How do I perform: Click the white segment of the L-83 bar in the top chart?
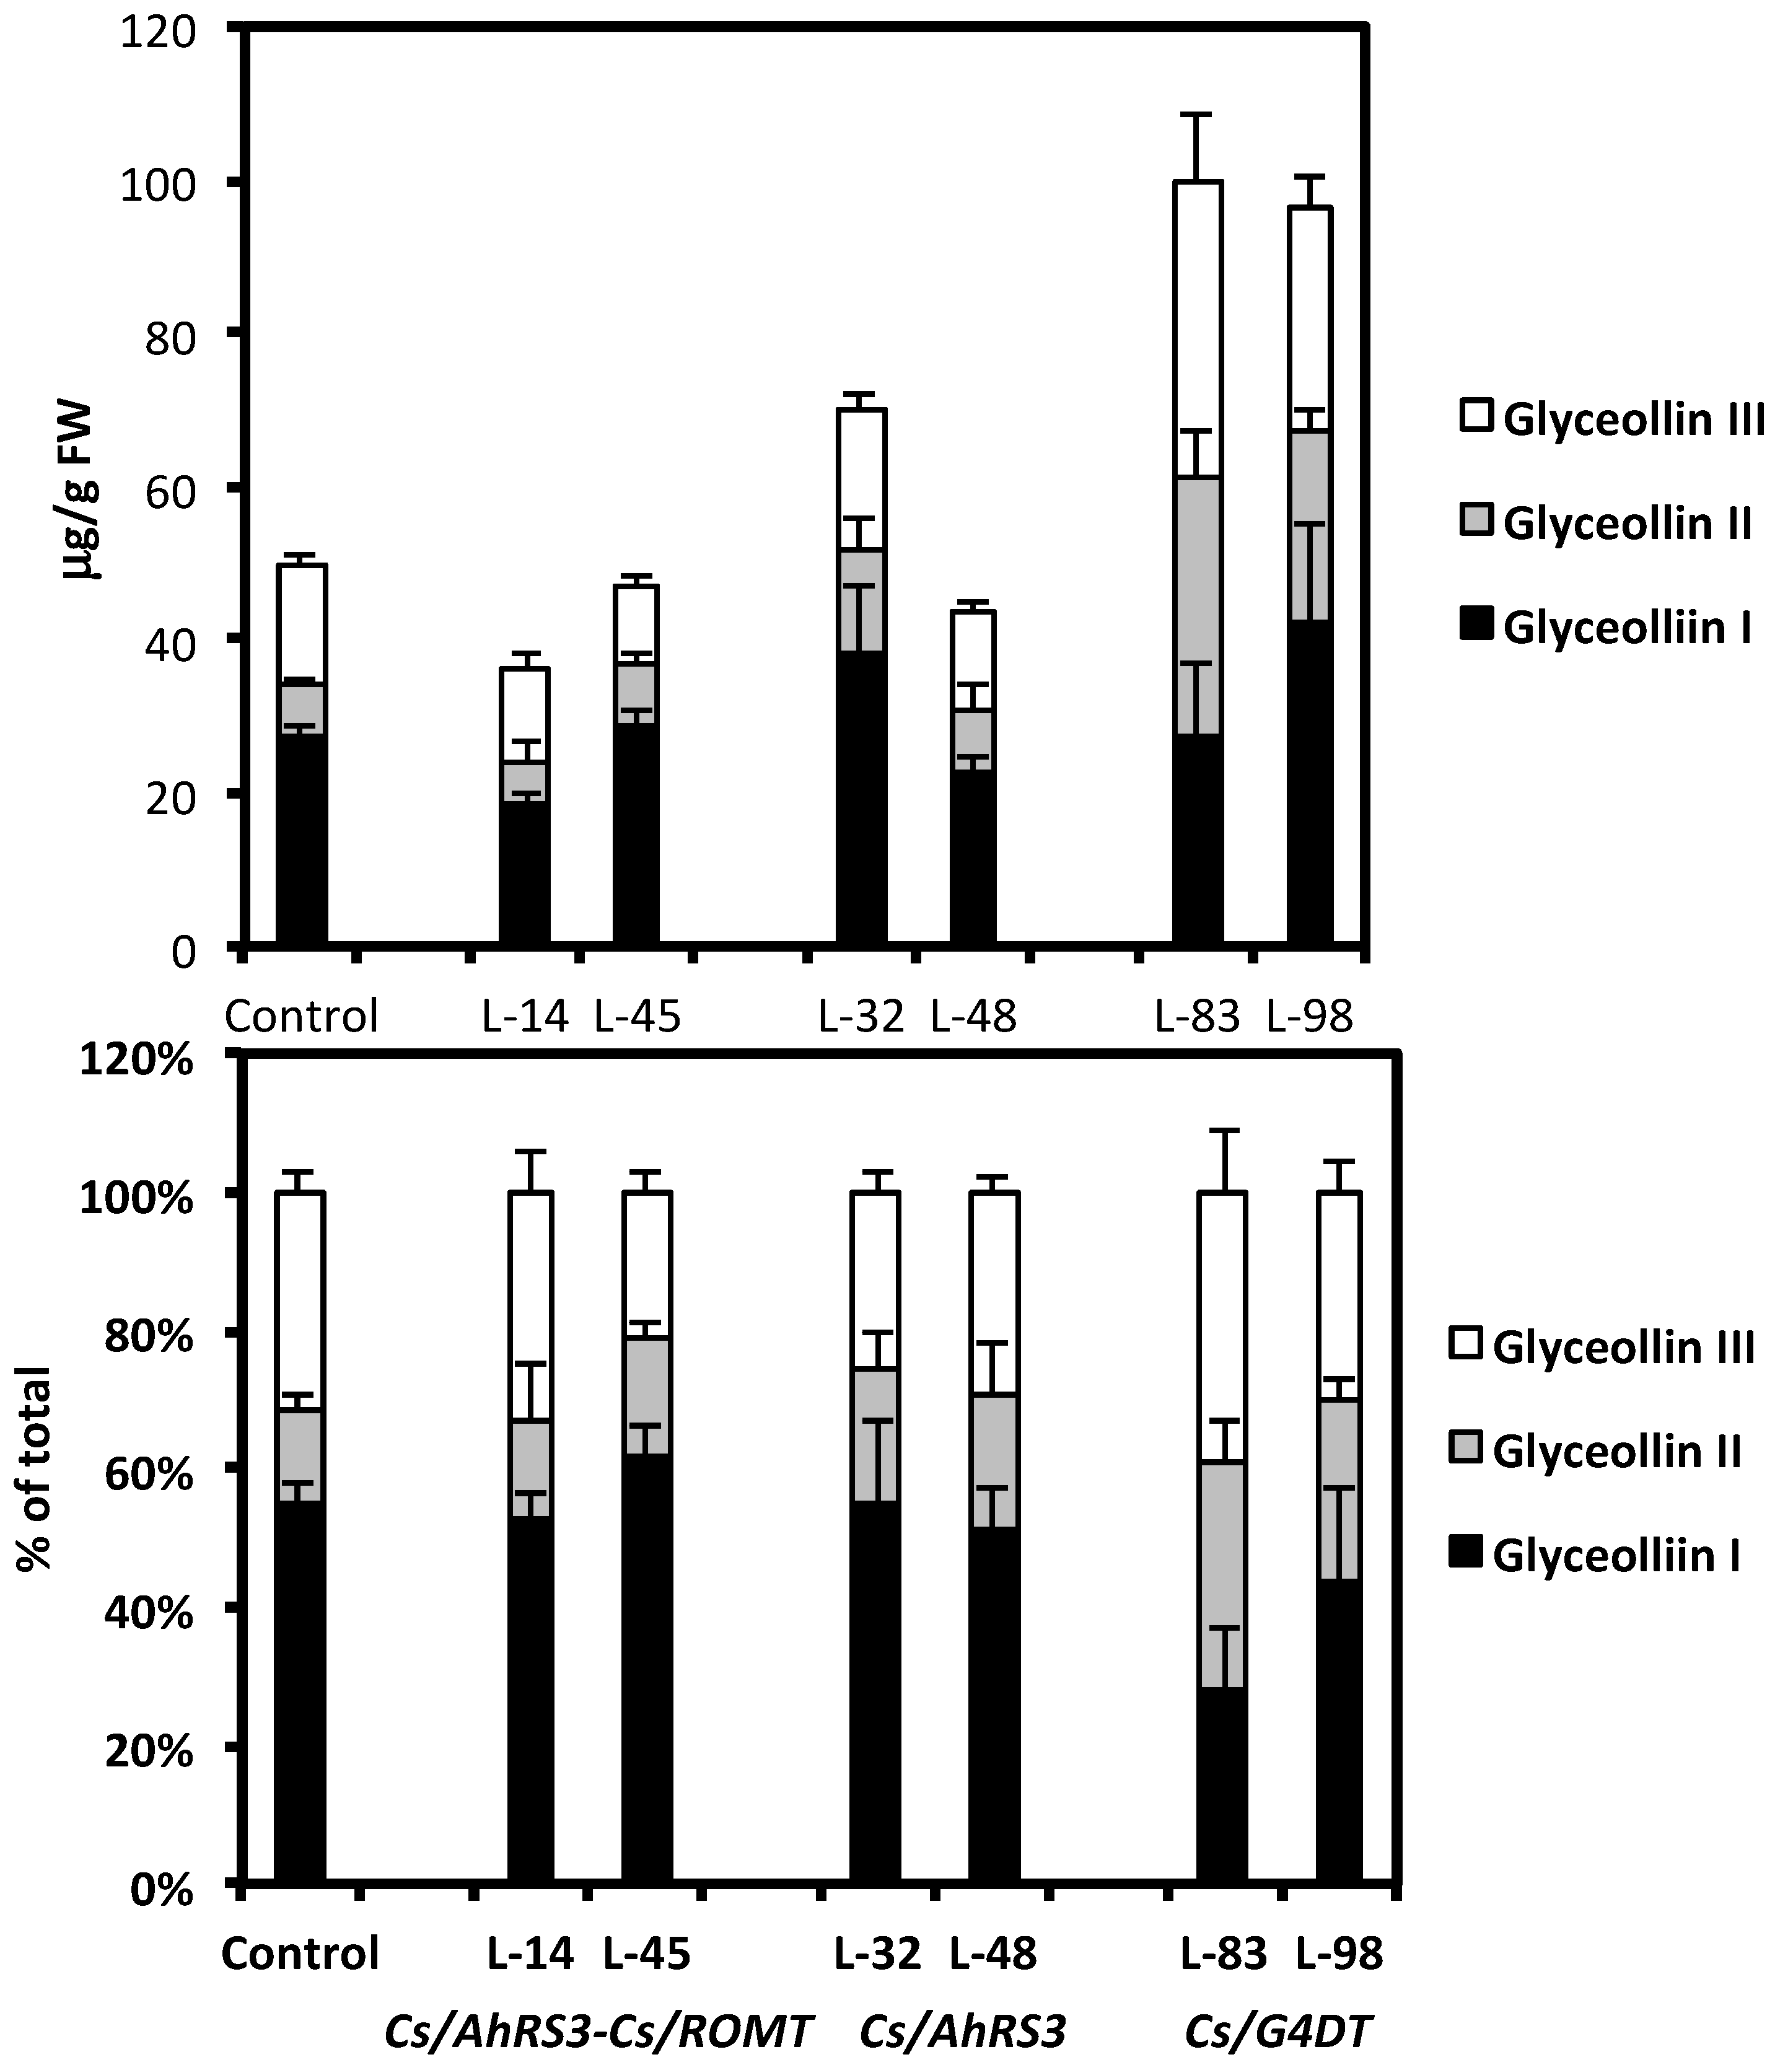coord(1198,330)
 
